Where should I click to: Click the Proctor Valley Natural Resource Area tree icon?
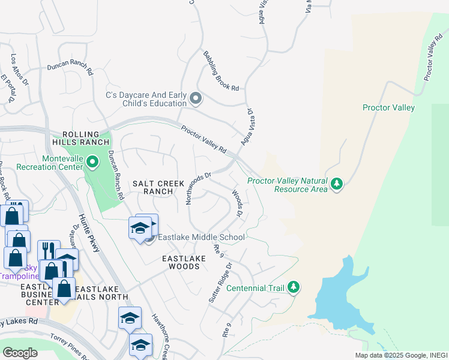coord(337,183)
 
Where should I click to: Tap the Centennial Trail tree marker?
coord(294,288)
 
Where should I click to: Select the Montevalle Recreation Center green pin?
coord(92,161)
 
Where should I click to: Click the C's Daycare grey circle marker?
coord(195,98)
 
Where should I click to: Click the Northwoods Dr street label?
coord(199,189)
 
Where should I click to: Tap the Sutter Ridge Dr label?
coord(220,281)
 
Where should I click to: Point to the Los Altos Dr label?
coord(20,70)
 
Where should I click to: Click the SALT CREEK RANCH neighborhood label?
coord(153,187)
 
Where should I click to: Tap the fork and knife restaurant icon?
coord(49,250)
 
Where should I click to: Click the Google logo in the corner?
coord(20,353)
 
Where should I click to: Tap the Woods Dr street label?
coord(237,204)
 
